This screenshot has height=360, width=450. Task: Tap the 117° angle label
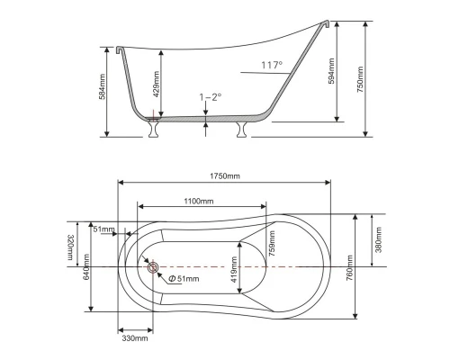coord(271,65)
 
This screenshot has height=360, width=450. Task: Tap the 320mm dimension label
coord(70,247)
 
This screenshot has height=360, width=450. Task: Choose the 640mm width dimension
coord(87,267)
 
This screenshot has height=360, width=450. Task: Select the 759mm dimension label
coord(271,242)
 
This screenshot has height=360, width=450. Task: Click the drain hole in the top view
coord(152,267)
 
